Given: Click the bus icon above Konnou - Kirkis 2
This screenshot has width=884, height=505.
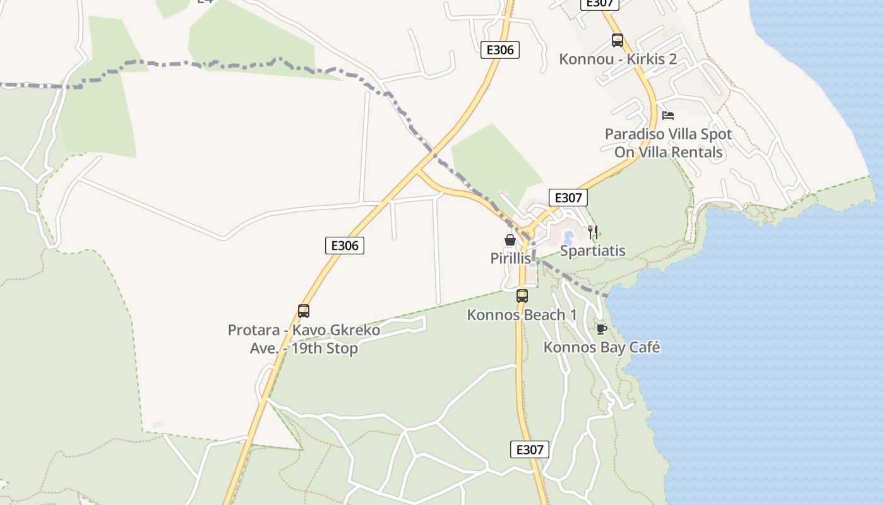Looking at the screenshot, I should [x=618, y=40].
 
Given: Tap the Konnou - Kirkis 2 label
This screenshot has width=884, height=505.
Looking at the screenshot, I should [x=618, y=59].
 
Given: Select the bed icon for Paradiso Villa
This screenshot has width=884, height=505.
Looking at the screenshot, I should [x=668, y=115].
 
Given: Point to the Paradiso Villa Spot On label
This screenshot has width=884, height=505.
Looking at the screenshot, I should [x=668, y=143].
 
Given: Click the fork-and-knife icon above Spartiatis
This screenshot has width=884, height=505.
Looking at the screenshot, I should [x=592, y=232].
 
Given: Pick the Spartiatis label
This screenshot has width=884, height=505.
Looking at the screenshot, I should [x=592, y=251].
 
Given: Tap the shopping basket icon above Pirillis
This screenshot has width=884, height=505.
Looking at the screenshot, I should [x=510, y=240].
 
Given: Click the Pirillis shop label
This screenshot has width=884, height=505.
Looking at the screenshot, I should [x=510, y=258].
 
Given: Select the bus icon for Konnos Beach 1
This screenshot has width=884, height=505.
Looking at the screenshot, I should [x=522, y=295].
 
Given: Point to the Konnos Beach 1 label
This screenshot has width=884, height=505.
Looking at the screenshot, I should [x=522, y=314].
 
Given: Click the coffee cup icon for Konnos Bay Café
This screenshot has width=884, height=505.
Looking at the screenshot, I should [x=601, y=329].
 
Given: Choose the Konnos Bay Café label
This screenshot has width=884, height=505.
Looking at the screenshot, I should [x=601, y=347].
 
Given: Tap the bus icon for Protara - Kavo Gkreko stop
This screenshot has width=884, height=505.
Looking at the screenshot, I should [x=304, y=311].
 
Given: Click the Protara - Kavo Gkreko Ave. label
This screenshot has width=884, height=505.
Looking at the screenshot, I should [x=304, y=339].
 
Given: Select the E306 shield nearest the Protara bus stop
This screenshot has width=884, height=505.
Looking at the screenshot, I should [x=345, y=246].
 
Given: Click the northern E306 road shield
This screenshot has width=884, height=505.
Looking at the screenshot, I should [x=500, y=50].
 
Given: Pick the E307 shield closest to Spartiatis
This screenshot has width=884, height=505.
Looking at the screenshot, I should [x=568, y=198].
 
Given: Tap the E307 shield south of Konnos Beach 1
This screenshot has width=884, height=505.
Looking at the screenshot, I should [x=529, y=449].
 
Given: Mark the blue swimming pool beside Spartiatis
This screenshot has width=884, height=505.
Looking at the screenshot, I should [x=568, y=239].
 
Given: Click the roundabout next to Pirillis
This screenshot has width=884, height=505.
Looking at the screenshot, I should [x=525, y=234].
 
